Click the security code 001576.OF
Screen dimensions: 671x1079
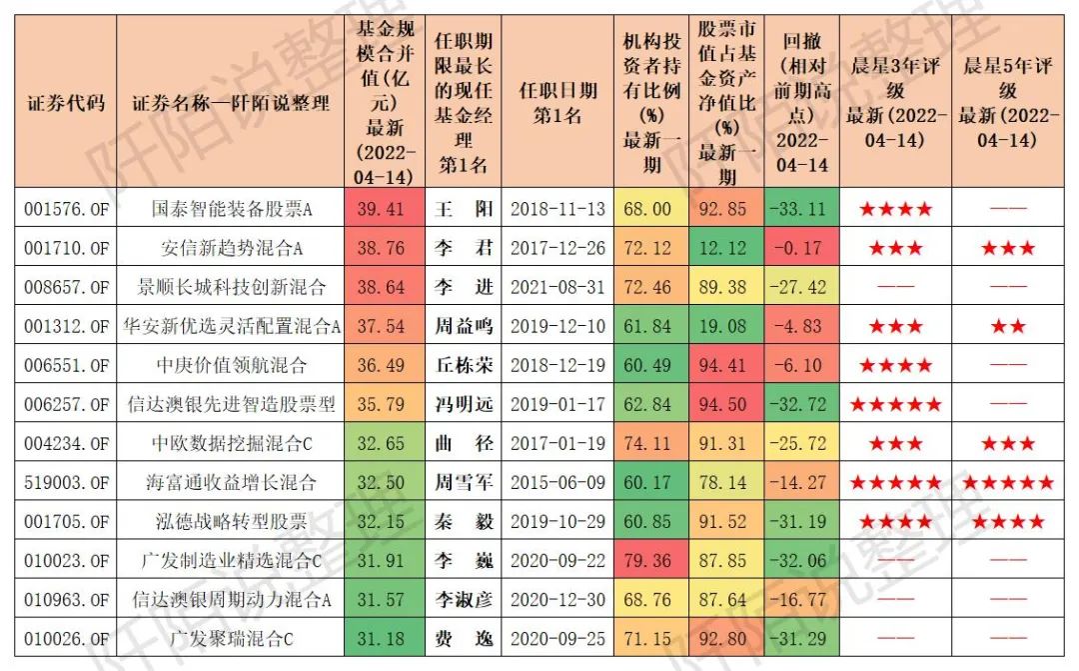(x=66, y=209)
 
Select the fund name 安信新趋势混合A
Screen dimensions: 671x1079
(x=231, y=248)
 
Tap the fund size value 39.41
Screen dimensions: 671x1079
(x=382, y=209)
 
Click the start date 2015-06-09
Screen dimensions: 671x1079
(x=557, y=482)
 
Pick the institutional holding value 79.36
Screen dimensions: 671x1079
(x=647, y=561)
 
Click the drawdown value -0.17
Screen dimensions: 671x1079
(x=801, y=248)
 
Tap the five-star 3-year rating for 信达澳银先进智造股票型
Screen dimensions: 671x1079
(x=894, y=405)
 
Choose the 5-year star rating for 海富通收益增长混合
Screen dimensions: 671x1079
(x=1007, y=483)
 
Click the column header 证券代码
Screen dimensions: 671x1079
(x=66, y=102)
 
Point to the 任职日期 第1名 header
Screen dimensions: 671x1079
(x=557, y=102)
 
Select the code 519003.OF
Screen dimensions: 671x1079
(x=66, y=482)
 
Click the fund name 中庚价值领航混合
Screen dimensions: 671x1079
(x=231, y=365)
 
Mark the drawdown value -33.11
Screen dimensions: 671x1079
(x=801, y=209)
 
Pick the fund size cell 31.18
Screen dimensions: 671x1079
(x=382, y=639)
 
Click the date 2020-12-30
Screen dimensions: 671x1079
(x=557, y=600)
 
